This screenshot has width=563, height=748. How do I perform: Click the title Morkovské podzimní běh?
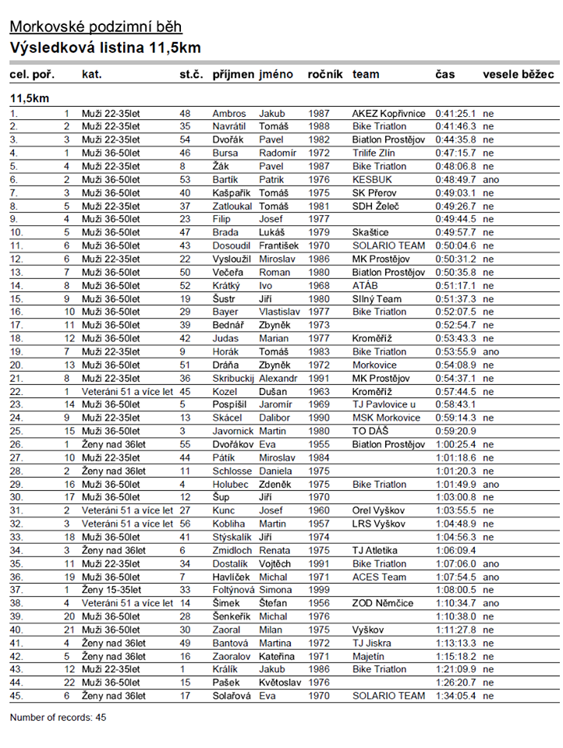click(94, 27)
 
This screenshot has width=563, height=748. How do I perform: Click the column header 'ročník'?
click(325, 75)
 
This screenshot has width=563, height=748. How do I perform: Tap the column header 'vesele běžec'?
click(519, 75)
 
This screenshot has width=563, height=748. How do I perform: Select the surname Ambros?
click(228, 113)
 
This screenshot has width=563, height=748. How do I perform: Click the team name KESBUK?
click(371, 179)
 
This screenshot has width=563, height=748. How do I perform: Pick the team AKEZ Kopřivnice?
click(388, 113)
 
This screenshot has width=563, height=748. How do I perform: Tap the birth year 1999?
click(320, 590)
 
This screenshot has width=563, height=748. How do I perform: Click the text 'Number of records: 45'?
click(58, 717)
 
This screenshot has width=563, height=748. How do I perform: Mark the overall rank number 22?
click(16, 391)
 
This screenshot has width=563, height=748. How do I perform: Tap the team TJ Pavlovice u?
click(384, 404)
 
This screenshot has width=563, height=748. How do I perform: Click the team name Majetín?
click(368, 656)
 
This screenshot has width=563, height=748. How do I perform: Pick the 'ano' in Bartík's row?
click(490, 179)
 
